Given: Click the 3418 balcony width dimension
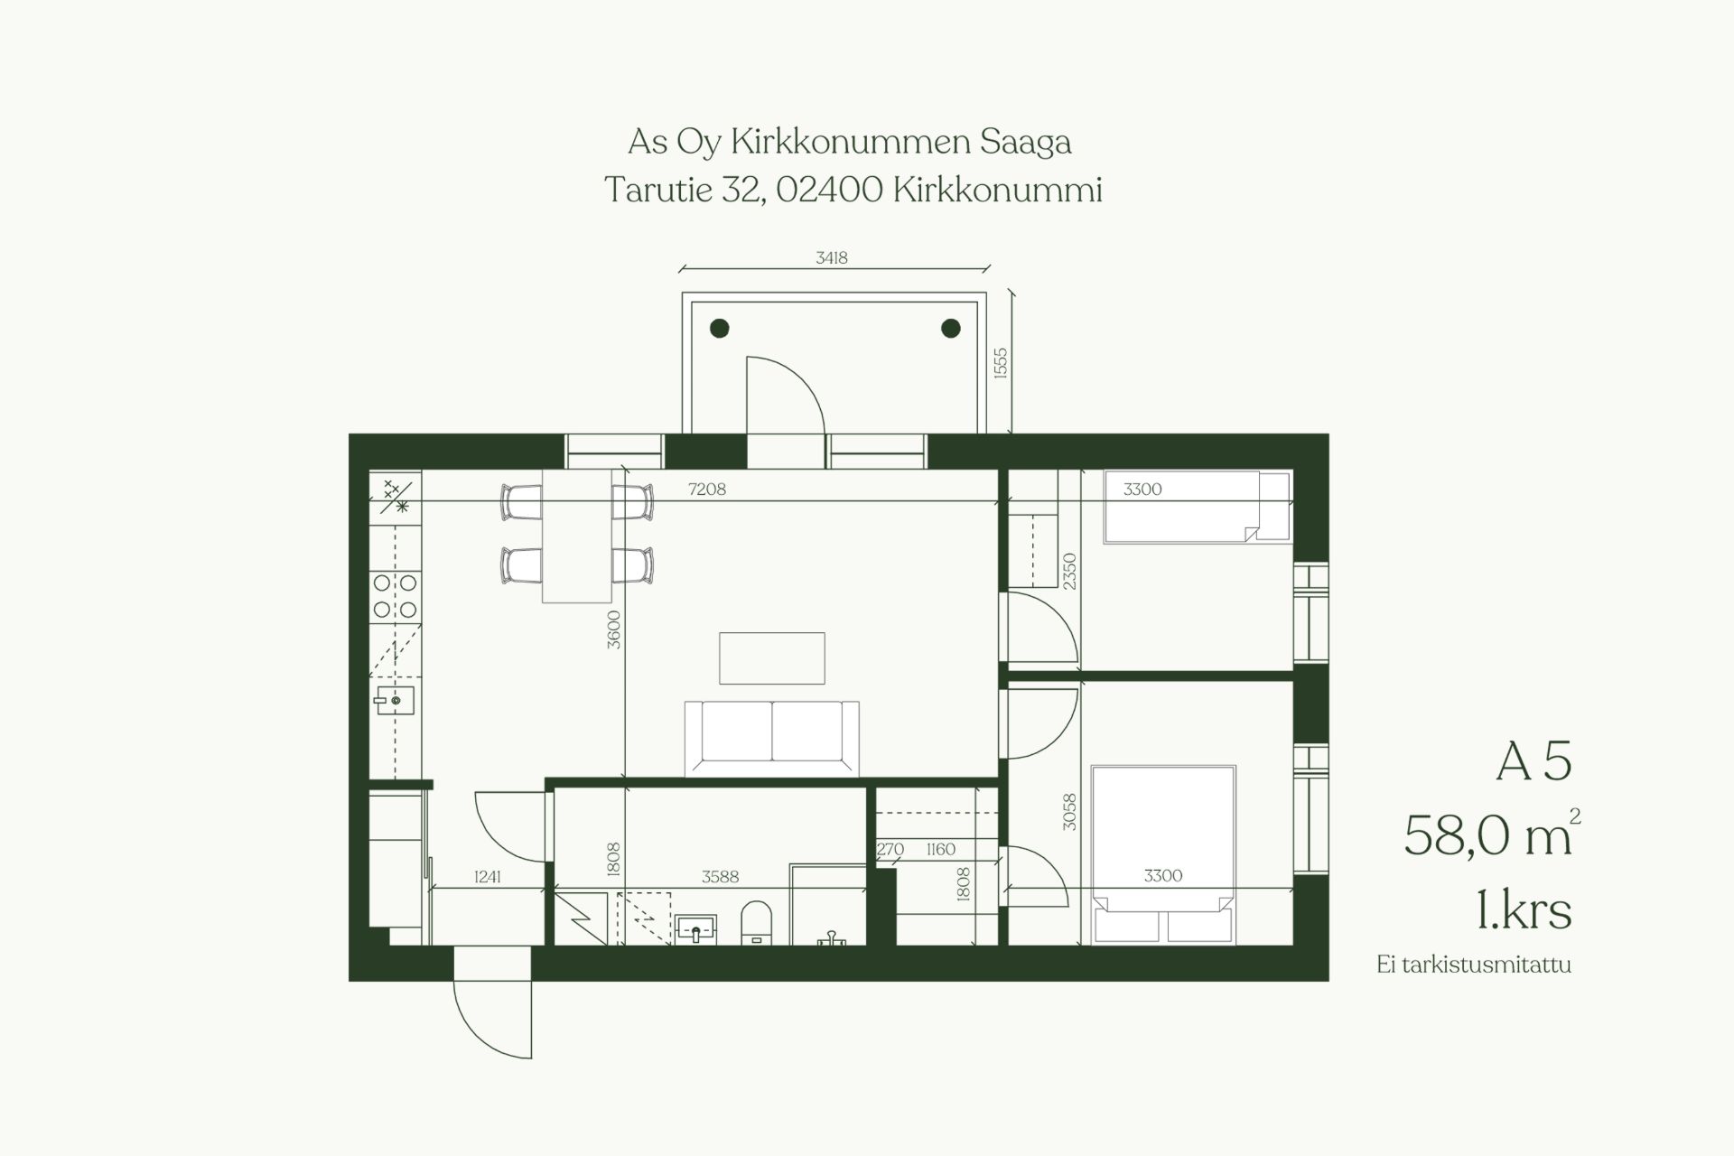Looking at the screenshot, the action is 832,258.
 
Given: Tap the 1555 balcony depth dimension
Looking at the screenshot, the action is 1000,363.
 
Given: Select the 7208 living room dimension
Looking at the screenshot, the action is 707,490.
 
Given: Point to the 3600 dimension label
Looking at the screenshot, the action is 614,629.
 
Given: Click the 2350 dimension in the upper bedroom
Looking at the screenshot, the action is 1070,572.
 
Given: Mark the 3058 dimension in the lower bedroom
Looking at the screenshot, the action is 1070,812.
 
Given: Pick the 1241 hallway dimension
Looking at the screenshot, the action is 488,876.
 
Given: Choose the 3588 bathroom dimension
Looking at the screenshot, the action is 721,876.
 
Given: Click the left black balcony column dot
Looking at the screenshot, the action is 720,329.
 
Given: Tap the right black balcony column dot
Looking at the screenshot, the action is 951,329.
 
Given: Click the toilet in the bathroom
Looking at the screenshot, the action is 757,922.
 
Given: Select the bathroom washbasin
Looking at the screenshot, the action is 695,928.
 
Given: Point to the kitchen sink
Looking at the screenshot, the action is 396,700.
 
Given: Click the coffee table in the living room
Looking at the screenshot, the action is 772,658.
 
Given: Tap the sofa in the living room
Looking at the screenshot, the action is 772,738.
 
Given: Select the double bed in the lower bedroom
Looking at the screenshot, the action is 1163,854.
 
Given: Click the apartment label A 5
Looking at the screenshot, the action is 1534,763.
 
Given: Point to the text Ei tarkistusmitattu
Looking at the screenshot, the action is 1474,965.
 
